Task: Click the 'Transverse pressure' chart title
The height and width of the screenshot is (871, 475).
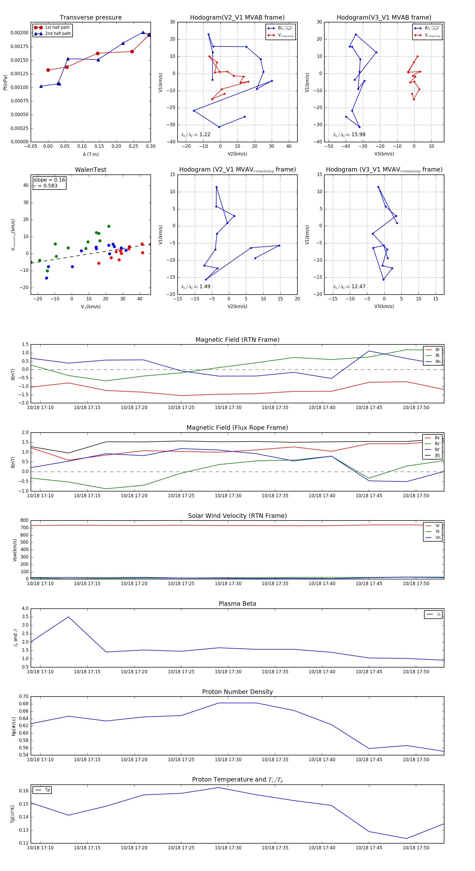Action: click(91, 18)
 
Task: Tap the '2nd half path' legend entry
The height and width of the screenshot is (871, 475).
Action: click(58, 34)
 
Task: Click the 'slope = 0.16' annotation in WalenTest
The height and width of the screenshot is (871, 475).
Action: click(49, 180)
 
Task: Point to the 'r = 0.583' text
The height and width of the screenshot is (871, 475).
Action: click(46, 186)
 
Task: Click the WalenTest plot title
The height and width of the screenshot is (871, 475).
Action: click(91, 170)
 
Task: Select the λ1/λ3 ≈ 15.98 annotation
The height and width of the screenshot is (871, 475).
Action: click(349, 135)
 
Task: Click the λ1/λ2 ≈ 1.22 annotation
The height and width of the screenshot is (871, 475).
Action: click(195, 135)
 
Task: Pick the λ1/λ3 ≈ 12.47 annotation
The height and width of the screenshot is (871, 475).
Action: click(349, 287)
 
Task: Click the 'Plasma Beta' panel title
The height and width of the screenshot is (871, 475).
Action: click(237, 604)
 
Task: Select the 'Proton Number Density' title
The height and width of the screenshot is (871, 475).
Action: click(237, 692)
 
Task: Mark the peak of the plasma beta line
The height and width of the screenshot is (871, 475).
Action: click(69, 617)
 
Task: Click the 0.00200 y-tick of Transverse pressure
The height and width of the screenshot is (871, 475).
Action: click(20, 33)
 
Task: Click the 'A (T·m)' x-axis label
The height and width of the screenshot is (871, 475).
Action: click(91, 154)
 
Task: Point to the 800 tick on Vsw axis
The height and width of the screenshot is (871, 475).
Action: click(24, 520)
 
